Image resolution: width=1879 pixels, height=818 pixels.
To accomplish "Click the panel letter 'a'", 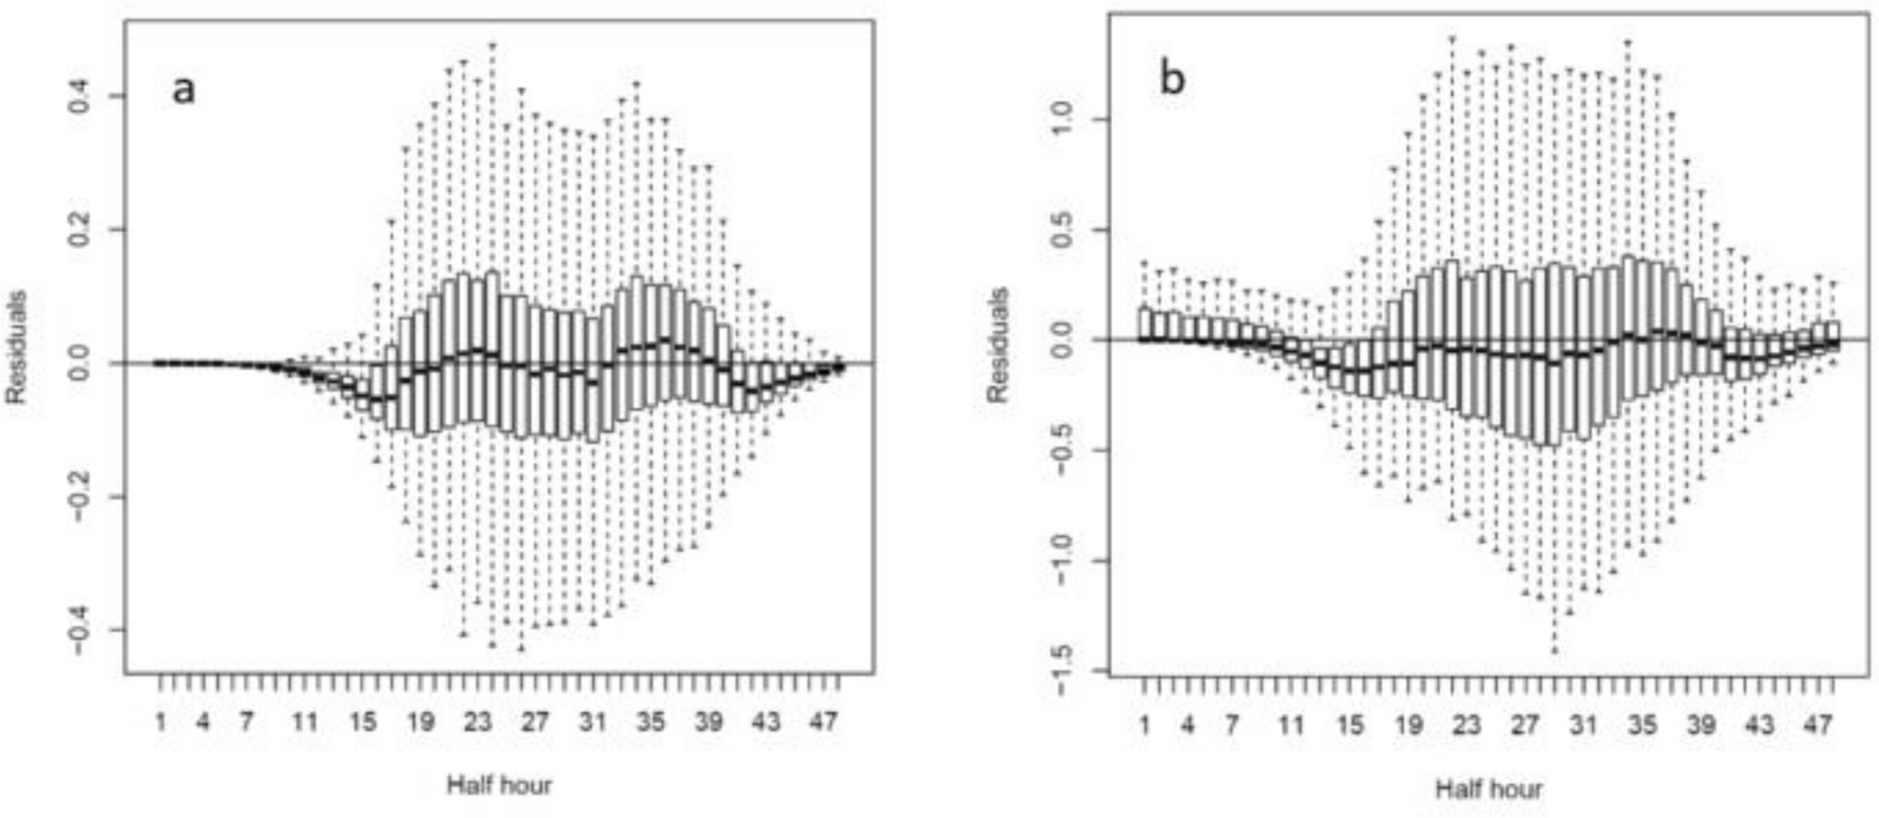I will click(x=183, y=90).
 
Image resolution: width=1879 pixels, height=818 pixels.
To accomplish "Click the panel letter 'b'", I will click(x=1172, y=79).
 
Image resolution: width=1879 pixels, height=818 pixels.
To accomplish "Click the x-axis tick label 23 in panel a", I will click(x=477, y=723).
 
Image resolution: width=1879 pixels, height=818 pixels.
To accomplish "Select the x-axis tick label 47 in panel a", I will click(x=823, y=723).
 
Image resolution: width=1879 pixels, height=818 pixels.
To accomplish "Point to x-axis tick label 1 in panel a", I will click(x=161, y=723).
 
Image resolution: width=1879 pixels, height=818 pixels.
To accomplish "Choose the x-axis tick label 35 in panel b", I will click(x=1642, y=725).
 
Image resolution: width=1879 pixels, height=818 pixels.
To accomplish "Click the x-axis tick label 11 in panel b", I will click(x=1290, y=725).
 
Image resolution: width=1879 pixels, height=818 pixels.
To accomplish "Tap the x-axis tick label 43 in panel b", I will click(x=1759, y=725).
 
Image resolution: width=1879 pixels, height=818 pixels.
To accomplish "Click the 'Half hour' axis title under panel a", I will click(x=499, y=784).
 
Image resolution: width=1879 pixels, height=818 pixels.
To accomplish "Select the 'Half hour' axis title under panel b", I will click(x=1489, y=788).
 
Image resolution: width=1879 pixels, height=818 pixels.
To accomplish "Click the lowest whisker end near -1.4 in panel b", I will click(x=1555, y=650).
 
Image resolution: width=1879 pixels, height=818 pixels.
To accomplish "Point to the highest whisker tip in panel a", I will click(x=492, y=44).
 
